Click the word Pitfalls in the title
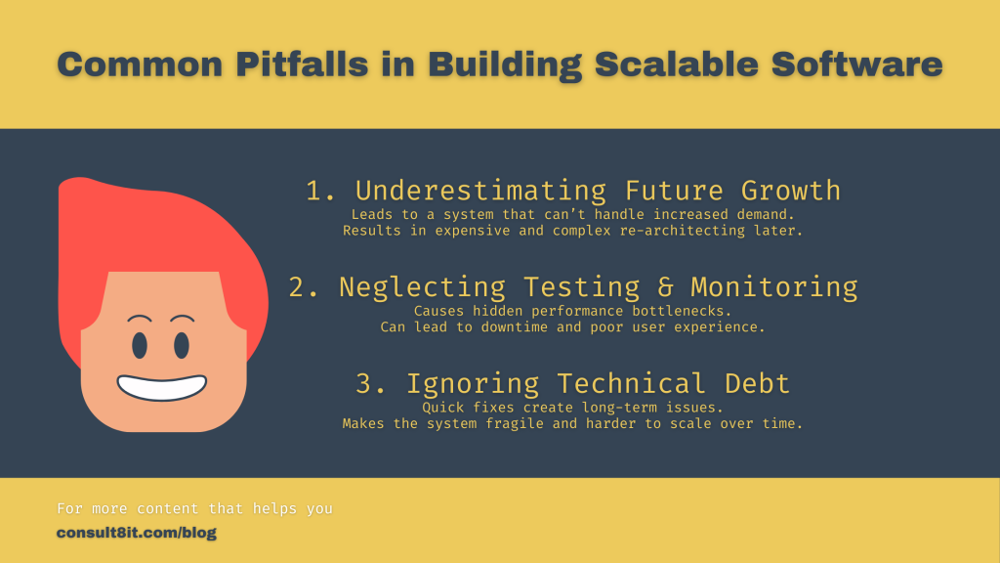pos(302,65)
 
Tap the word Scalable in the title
pos(676,65)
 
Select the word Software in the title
pos(856,65)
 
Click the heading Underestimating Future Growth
pos(598,191)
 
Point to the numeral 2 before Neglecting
pos(298,287)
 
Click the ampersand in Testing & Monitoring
pos(665,287)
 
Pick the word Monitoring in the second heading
pos(774,287)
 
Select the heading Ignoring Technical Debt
pos(599,383)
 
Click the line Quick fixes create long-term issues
pos(572,408)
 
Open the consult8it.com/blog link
pos(137,533)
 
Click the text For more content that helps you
pos(194,508)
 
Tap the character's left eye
pos(140,345)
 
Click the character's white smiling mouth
pos(161,387)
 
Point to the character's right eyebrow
pos(182,318)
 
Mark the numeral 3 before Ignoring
pos(364,383)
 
